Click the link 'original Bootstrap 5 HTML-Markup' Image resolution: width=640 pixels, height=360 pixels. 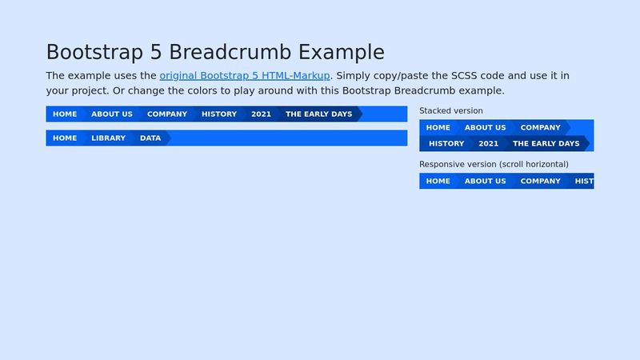click(x=244, y=76)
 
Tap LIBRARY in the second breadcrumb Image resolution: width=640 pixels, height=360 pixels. click(x=108, y=138)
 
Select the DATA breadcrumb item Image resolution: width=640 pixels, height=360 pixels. click(x=150, y=138)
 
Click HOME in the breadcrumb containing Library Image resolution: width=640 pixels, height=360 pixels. click(x=65, y=138)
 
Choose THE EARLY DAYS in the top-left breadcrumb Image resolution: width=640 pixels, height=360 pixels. click(x=318, y=114)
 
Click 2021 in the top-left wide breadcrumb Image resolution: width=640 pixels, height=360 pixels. click(x=261, y=114)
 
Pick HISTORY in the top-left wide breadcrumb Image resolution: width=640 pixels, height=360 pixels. click(x=219, y=114)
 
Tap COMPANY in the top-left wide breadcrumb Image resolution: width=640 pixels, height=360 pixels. click(x=167, y=114)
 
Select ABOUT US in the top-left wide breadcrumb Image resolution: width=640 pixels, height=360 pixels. click(x=112, y=114)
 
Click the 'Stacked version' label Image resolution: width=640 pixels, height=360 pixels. click(x=451, y=111)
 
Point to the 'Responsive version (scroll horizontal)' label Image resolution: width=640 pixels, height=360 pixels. click(x=494, y=164)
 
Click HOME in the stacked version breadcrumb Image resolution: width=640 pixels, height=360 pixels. click(x=438, y=128)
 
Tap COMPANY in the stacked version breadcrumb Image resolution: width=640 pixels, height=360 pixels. click(x=541, y=128)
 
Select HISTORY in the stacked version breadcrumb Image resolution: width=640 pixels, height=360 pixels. click(x=446, y=144)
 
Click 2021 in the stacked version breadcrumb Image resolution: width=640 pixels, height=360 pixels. click(x=489, y=144)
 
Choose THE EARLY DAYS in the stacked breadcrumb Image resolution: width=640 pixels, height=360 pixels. click(x=546, y=144)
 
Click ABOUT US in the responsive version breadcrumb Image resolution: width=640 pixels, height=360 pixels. click(x=485, y=182)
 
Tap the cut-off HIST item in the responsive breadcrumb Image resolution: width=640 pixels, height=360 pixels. click(x=584, y=182)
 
